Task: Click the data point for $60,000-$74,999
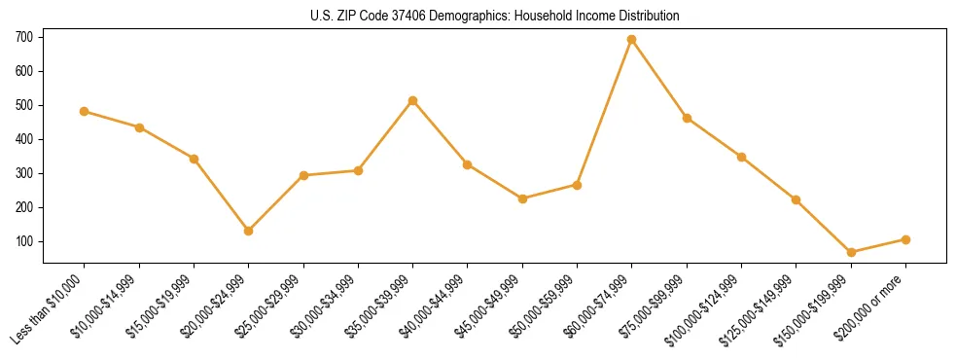tap(632, 40)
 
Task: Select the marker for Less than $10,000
tap(85, 111)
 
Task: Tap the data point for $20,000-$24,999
tap(249, 231)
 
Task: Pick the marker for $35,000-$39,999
tap(413, 100)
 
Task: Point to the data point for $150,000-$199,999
tap(851, 252)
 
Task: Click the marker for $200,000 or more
tap(905, 239)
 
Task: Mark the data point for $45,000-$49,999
tap(522, 198)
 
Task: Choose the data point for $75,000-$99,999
tap(687, 119)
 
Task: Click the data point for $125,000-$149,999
tap(797, 200)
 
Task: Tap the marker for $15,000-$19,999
tap(195, 159)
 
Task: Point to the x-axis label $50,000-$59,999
tap(541, 304)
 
